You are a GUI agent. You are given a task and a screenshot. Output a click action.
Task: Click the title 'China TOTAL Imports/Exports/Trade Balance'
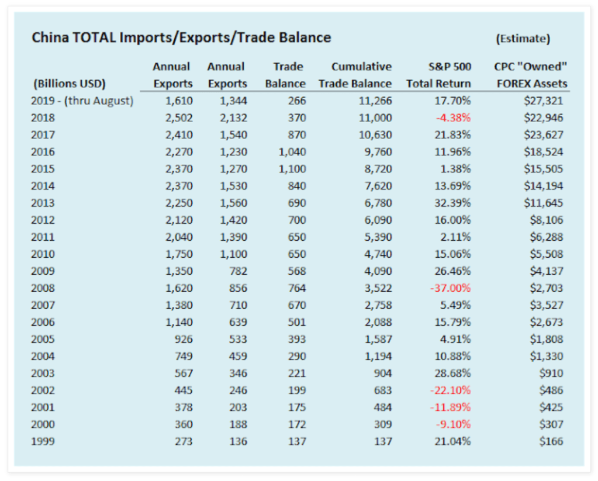coord(181,38)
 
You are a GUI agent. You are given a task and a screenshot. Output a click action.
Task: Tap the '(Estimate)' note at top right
coord(523,39)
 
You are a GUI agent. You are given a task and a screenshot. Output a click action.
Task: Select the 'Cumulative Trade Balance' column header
coord(355,75)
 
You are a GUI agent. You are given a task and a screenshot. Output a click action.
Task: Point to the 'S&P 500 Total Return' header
coord(438,75)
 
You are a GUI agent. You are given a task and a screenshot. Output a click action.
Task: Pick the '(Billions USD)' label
coord(69,83)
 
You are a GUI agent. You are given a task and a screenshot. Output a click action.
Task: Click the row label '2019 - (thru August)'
coord(82,101)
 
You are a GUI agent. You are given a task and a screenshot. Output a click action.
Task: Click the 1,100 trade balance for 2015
coord(290,169)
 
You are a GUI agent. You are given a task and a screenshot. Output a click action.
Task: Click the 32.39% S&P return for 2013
coord(452,203)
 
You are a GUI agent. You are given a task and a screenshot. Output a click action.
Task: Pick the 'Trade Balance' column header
coord(285,75)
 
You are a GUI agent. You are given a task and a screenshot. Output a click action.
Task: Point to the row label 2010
coord(43,254)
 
